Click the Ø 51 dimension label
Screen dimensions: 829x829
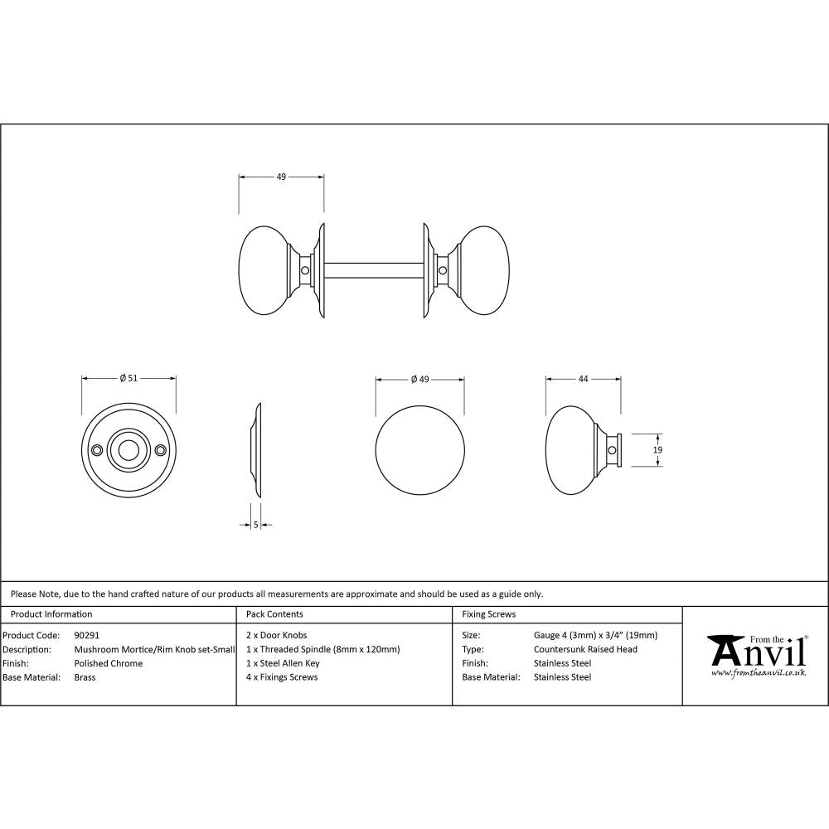(128, 379)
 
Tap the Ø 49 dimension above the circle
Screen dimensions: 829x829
(419, 379)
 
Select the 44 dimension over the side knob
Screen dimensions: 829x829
(583, 379)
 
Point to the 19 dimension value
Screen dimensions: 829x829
(657, 449)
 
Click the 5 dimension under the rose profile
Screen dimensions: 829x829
(256, 524)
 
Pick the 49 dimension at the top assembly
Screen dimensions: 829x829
(281, 177)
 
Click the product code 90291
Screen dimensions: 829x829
(87, 635)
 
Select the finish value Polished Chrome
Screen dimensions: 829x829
(109, 663)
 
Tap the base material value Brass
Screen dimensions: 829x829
(85, 677)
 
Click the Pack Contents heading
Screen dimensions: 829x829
(274, 614)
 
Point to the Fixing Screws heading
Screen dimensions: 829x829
(488, 614)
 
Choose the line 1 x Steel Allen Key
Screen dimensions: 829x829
(283, 663)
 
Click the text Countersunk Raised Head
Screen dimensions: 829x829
(585, 649)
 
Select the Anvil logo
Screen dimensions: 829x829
(756, 653)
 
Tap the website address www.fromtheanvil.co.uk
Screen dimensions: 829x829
(759, 673)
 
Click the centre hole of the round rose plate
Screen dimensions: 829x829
(128, 450)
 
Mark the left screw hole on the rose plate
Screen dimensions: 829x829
(98, 450)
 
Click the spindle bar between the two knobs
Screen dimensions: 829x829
(375, 270)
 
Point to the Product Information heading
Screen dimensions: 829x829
(51, 614)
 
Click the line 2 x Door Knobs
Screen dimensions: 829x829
(277, 635)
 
